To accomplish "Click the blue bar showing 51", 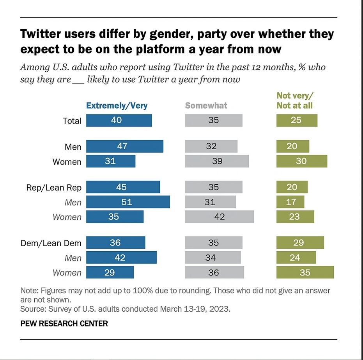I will pos(128,202).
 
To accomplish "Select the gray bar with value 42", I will pos(219,217).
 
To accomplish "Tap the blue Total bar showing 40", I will pos(119,120).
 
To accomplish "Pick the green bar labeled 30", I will pos(301,161).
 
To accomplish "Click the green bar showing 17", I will pos(290,202).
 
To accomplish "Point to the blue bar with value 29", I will pos(110,272).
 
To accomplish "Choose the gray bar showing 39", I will pos(217,161).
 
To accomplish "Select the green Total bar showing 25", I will pos(296,120).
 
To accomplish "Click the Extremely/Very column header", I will pos(117,106).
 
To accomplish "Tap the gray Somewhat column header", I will pos(206,106).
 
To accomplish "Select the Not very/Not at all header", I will pos(295,101).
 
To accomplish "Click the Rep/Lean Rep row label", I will pos(54,187).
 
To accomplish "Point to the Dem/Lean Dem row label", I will pos(51,243).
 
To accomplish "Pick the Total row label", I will pos(72,121).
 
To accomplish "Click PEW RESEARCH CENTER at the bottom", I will pos(64,323).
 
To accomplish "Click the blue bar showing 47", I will pos(124,146).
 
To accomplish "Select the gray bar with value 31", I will pos(210,202).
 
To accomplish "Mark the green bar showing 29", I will pos(300,242).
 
